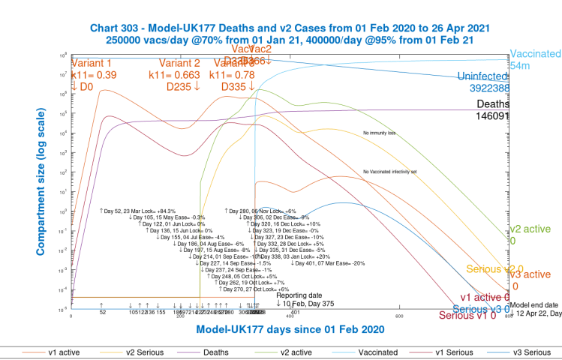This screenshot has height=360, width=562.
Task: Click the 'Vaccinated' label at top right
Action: [535, 54]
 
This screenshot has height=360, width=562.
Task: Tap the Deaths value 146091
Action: [493, 116]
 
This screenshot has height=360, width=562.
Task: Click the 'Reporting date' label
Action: [299, 295]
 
